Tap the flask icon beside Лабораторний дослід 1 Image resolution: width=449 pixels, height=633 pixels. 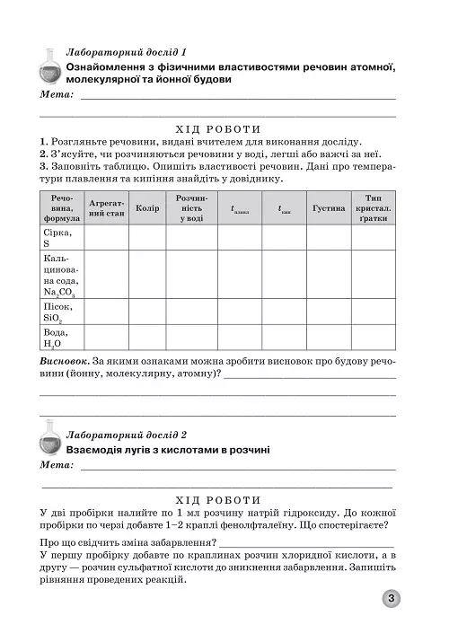click(x=51, y=66)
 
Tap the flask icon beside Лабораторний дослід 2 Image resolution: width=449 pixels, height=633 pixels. click(x=51, y=439)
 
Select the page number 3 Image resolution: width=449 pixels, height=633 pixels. click(x=393, y=599)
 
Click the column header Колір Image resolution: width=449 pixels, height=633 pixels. click(x=146, y=208)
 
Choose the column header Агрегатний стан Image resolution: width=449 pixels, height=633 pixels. click(x=107, y=208)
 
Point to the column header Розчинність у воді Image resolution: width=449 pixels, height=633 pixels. click(x=191, y=207)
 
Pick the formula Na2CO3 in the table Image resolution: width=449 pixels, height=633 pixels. click(x=59, y=291)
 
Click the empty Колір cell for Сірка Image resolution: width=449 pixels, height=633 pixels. click(x=146, y=237)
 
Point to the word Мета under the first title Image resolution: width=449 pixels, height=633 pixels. click(x=58, y=94)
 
